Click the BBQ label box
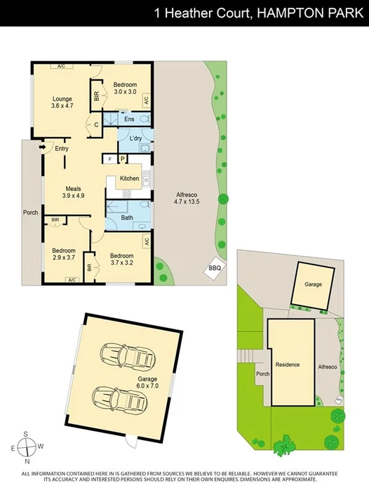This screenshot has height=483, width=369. pyautogui.click(x=215, y=268)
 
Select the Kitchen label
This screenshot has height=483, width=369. pyautogui.click(x=130, y=178)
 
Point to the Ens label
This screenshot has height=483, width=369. pyautogui.click(x=129, y=120)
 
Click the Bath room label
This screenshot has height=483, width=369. pyautogui.click(x=127, y=218)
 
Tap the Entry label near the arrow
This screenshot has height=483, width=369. pyautogui.click(x=62, y=148)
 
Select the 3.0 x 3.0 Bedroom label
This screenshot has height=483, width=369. pyautogui.click(x=125, y=88)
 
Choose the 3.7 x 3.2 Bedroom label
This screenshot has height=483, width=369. pyautogui.click(x=121, y=259)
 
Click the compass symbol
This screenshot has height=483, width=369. pyautogui.click(x=27, y=446)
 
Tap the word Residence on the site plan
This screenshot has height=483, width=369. pyautogui.click(x=288, y=365)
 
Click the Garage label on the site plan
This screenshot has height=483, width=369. pyautogui.click(x=313, y=286)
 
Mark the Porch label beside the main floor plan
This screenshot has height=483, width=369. pyautogui.click(x=30, y=212)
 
